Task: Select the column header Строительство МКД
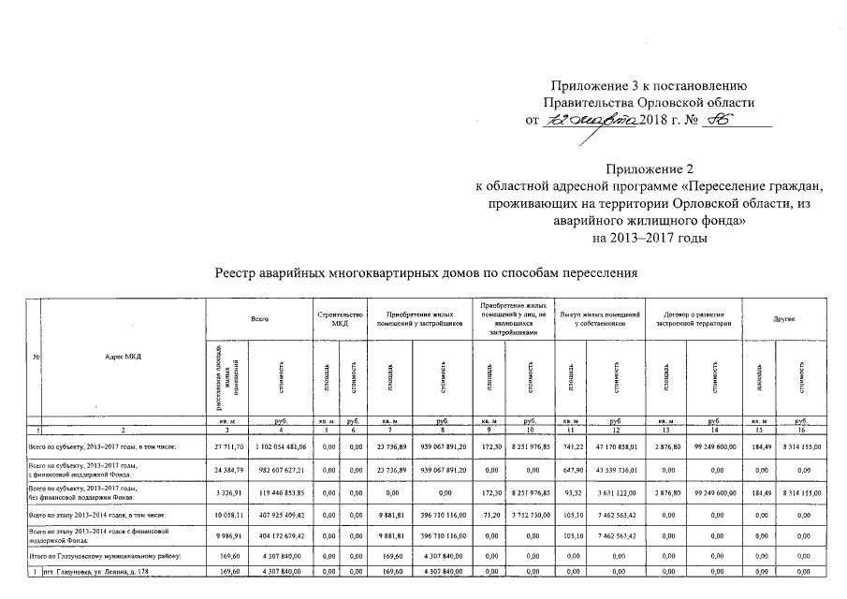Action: click(x=334, y=320)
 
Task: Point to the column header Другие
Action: click(x=783, y=320)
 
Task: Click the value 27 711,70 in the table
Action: click(x=227, y=448)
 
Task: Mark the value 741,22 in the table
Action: click(x=570, y=448)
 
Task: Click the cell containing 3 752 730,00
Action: click(x=529, y=515)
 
